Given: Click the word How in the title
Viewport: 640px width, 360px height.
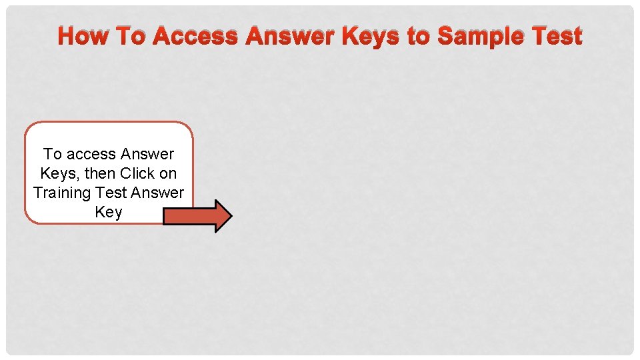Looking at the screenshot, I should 84,36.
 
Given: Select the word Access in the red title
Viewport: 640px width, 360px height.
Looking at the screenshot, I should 195,36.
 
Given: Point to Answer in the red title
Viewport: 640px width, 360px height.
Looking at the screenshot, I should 290,36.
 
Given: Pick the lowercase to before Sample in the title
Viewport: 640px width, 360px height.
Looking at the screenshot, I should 418,36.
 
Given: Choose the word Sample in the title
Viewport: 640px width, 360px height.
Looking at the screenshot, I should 479,36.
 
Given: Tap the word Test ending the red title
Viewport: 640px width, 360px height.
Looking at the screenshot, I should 555,36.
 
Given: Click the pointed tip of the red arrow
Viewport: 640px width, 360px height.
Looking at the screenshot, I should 231,215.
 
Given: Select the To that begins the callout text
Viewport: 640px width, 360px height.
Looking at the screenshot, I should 52,154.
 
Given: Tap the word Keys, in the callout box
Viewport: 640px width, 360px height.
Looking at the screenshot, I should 59,173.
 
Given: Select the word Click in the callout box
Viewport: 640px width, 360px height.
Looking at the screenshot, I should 138,173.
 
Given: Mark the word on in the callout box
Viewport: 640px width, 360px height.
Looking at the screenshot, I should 168,173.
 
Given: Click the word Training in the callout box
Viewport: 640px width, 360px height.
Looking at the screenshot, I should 61,193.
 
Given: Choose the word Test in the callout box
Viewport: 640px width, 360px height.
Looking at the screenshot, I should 111,193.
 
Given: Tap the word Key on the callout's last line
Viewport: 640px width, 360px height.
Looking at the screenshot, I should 109,212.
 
